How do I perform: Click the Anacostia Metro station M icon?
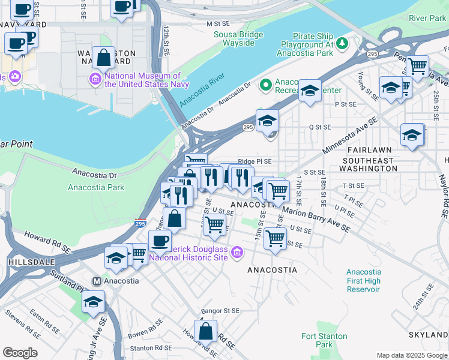pos(95,280)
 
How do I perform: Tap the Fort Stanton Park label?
pos(316,340)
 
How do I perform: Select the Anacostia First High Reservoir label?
pos(363,280)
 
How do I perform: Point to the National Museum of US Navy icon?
pos(95,79)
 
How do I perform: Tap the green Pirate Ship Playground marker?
pos(342,43)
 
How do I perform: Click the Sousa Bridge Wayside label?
pos(238,39)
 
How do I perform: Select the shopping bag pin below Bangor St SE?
pos(205,331)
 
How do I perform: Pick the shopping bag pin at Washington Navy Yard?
pos(103,58)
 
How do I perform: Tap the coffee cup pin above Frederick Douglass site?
pos(160,241)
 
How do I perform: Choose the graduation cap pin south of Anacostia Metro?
pos(93,302)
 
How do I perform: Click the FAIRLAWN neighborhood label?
pos(367,149)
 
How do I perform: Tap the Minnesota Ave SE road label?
pos(350,134)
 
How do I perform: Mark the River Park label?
pos(427,19)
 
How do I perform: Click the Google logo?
pos(20,353)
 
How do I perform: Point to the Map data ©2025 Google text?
pos(411,355)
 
